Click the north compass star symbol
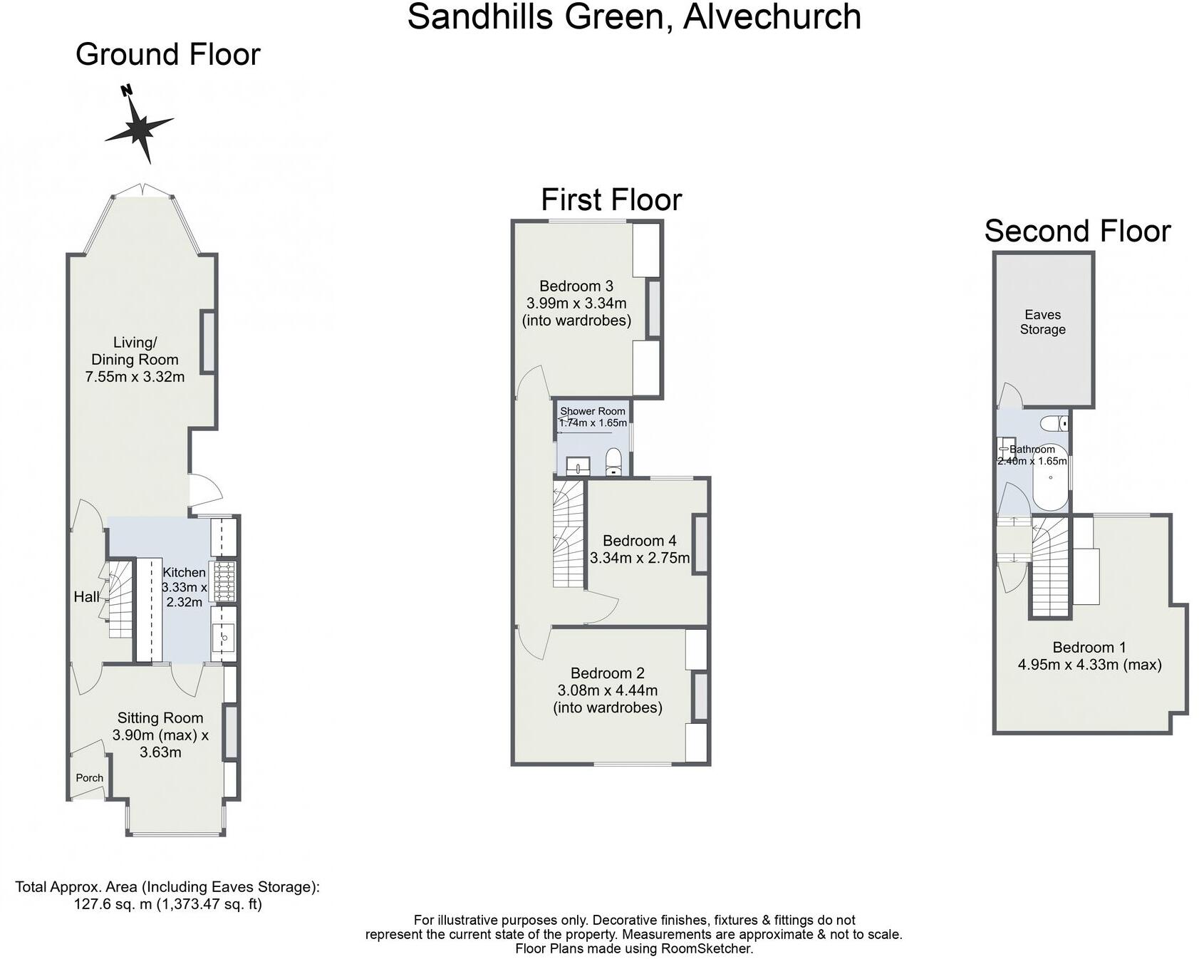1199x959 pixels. coord(138,129)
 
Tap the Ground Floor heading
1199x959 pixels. coord(168,55)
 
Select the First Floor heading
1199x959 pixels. coord(611,199)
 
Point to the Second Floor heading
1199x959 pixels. coord(1077,231)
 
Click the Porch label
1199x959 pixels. coord(90,778)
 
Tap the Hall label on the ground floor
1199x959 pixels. coord(86,597)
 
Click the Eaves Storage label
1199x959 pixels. coord(1042,322)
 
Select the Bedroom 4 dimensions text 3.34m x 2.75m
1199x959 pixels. coord(639,558)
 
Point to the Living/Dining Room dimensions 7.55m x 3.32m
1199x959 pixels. coord(135,377)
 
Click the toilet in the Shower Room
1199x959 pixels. coord(614,461)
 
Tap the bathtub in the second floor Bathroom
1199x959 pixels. coord(1051,477)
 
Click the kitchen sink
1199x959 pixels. coord(224,636)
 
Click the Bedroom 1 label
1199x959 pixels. coord(1089,648)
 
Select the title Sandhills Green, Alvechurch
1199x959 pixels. coord(634,17)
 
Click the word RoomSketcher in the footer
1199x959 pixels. coord(707,948)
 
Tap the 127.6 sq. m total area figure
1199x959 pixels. coord(110,905)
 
